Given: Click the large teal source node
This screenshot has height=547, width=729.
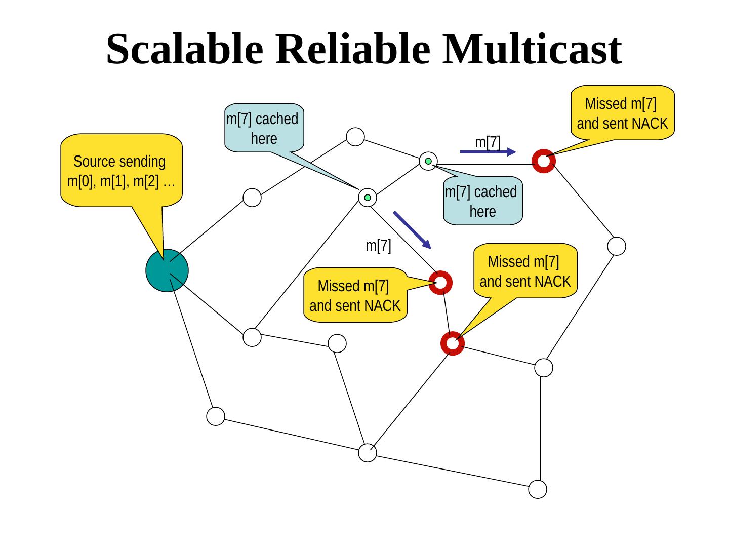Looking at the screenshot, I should coord(167,270).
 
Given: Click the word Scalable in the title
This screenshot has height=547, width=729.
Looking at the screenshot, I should coord(184,49).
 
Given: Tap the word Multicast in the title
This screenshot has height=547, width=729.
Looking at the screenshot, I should coord(531,49).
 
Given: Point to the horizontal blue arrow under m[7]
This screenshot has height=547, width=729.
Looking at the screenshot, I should coord(487,151).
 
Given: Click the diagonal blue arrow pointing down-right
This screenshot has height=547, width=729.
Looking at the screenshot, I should coord(412,229).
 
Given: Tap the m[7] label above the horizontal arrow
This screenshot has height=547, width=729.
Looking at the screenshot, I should coord(488,142).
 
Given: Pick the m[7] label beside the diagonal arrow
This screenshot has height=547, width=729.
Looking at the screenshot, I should coord(378,246).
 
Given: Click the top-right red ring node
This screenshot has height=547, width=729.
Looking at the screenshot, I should coord(544,162).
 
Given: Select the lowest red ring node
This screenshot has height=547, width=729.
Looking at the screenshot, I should coord(453,343).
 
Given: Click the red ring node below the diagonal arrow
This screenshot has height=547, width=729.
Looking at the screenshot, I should coord(440,282).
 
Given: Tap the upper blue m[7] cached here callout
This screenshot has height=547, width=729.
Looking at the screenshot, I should coord(264,128).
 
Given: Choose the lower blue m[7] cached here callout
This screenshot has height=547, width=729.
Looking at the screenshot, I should coord(482,201).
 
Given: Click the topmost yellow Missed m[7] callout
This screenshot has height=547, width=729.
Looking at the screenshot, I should coord(622,113).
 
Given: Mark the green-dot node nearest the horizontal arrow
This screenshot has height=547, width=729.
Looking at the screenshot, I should coord(428,161).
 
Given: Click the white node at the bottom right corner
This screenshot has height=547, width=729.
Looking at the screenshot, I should coord(538,489).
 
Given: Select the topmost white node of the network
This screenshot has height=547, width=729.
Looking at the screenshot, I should coord(356,136).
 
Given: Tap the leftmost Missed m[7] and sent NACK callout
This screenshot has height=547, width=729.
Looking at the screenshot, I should coord(355,295).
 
